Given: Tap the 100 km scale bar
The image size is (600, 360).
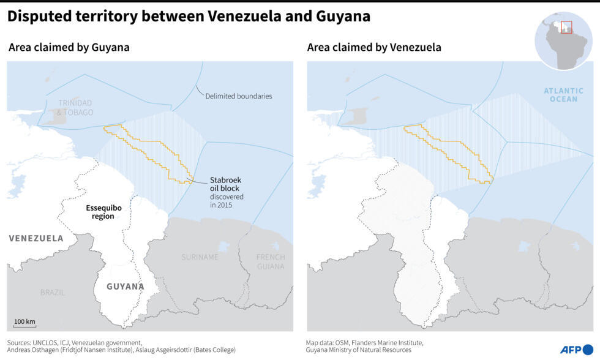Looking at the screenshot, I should (x=24, y=323).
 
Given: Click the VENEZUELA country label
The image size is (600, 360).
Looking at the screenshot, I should (x=36, y=238).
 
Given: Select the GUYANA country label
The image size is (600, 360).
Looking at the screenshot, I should (x=125, y=286).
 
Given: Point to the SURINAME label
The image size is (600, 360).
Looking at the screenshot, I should (x=200, y=257).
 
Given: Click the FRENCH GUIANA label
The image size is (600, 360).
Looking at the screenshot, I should (x=270, y=261).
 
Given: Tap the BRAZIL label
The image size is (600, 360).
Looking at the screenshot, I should (x=52, y=293).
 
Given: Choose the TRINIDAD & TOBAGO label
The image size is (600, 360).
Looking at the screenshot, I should (x=75, y=108).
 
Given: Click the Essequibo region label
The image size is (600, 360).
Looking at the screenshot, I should (x=103, y=212).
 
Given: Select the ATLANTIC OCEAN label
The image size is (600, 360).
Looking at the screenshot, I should (x=563, y=95).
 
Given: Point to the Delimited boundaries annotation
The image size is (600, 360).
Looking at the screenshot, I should (x=238, y=96).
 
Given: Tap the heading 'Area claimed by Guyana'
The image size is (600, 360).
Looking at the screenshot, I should (x=69, y=47).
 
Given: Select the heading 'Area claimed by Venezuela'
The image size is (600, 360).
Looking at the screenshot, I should (x=374, y=47).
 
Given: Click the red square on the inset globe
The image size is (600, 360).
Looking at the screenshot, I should (x=566, y=28).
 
